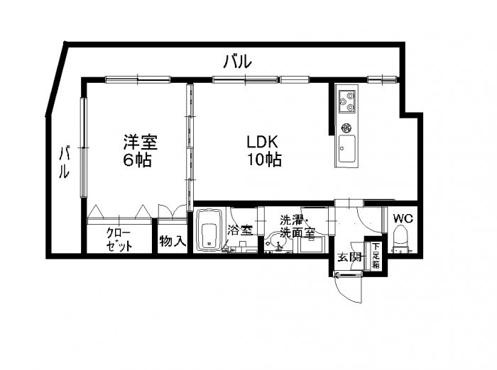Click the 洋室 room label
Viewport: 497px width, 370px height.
[139, 141]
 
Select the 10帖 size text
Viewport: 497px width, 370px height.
[263, 160]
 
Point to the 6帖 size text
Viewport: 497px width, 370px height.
[137, 160]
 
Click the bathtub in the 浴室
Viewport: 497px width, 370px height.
[209, 230]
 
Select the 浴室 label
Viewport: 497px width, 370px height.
[239, 230]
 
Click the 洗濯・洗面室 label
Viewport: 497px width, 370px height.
[297, 226]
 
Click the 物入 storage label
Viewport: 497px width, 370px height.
[173, 241]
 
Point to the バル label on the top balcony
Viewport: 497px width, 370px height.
[236, 62]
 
